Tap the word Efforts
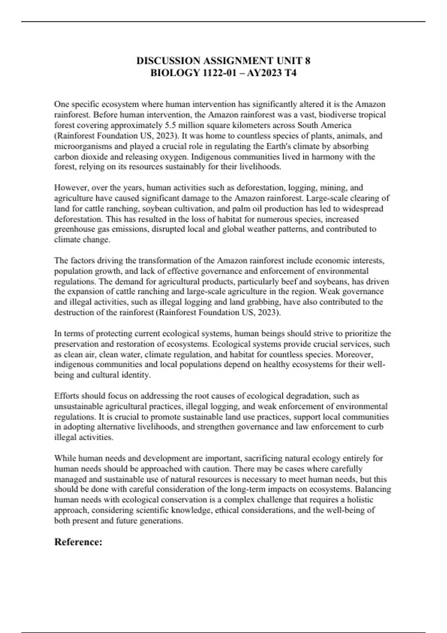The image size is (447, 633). point(66,395)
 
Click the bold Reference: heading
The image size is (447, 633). point(78,542)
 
